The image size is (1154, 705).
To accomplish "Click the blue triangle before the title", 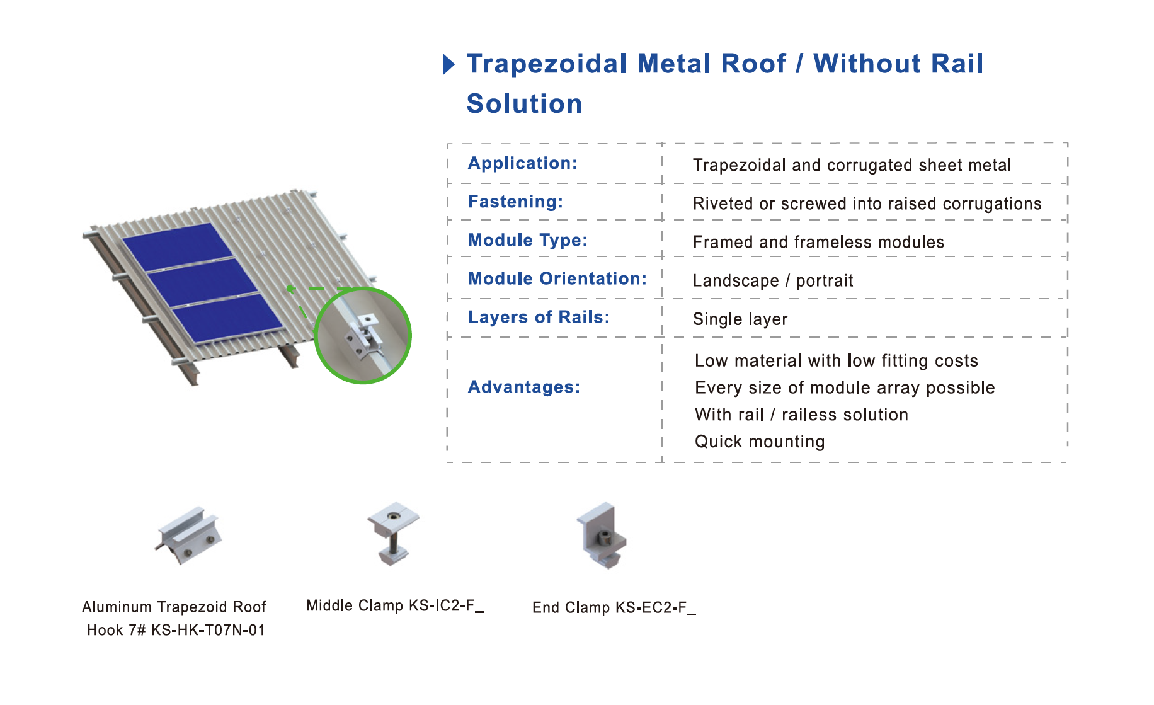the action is click(448, 64).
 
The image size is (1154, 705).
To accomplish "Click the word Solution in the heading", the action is click(524, 104).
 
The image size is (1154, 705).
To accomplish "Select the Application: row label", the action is click(522, 163).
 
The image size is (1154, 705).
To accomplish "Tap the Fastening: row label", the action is click(515, 202).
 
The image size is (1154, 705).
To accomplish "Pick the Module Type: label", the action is click(527, 240).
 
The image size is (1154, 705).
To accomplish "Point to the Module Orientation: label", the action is click(557, 278).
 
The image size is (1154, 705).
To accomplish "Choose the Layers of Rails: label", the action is click(539, 317).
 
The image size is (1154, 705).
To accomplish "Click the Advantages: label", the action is click(523, 387).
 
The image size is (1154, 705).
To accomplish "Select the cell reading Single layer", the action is click(740, 319).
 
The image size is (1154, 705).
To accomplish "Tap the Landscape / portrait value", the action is click(773, 281).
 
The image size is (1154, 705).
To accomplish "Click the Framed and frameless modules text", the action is click(818, 243).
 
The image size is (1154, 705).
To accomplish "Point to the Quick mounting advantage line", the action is click(760, 442).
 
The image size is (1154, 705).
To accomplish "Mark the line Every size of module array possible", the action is click(845, 388).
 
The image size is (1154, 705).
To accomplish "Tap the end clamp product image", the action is click(602, 536).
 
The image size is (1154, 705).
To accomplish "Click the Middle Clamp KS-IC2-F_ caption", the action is click(395, 606).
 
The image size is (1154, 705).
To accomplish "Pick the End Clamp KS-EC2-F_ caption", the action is click(614, 608).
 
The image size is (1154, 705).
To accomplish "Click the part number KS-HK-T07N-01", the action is click(208, 630).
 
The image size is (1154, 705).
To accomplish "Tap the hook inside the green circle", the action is click(364, 336).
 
